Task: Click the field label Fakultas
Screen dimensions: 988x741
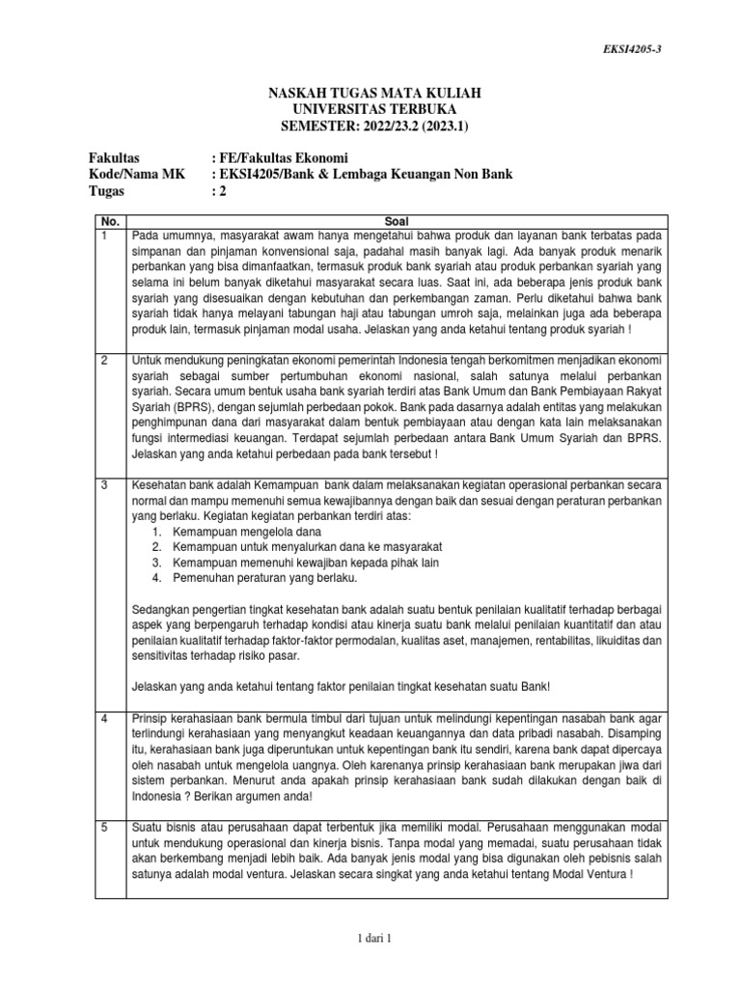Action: (x=115, y=157)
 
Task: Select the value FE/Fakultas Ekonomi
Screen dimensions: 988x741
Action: (x=284, y=157)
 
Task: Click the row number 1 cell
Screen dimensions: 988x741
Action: (x=105, y=235)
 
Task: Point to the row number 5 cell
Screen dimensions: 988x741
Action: (x=105, y=827)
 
